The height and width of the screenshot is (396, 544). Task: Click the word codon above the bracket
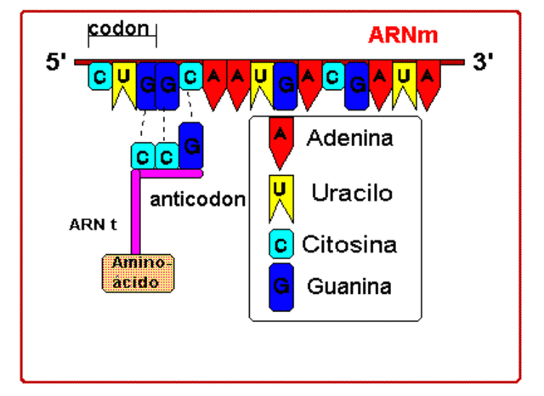click(x=123, y=27)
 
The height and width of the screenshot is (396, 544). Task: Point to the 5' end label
click(x=58, y=63)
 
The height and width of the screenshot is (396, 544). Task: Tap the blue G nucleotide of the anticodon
click(x=191, y=145)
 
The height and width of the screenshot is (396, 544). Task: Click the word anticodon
click(x=197, y=200)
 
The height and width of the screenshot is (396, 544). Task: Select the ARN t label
click(x=93, y=226)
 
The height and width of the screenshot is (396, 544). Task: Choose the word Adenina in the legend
click(x=350, y=138)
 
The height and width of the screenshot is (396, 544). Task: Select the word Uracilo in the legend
click(x=352, y=193)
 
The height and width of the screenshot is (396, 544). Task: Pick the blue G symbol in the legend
click(x=281, y=287)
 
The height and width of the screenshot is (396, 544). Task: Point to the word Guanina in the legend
click(x=349, y=286)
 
